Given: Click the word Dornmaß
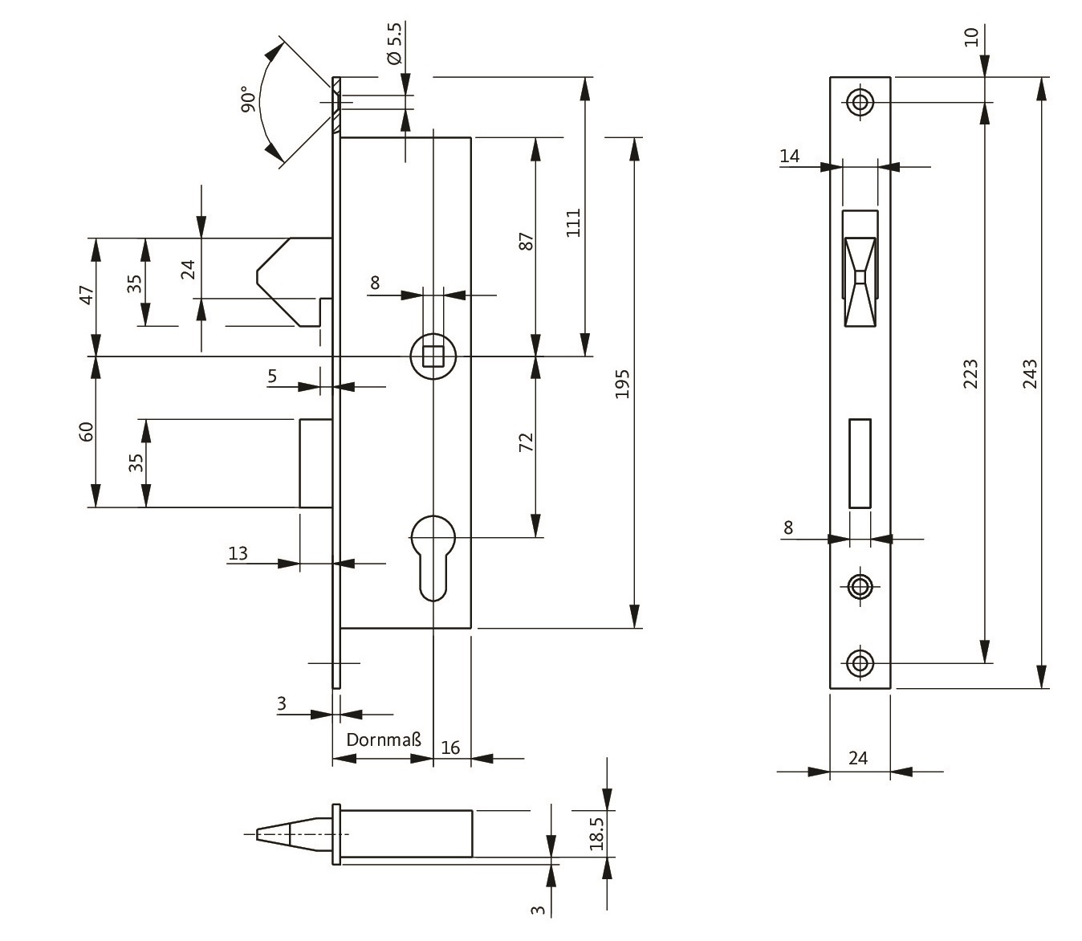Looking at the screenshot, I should [384, 739].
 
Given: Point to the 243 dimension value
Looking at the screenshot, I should [1030, 374].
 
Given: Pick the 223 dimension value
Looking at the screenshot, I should [970, 374].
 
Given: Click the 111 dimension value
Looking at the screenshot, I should [573, 223].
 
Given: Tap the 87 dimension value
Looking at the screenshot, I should [526, 242].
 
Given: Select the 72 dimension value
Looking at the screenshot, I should [526, 442].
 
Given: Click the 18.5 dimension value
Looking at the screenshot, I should [596, 830].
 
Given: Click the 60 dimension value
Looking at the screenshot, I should [87, 431].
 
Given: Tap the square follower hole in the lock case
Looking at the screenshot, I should [433, 356].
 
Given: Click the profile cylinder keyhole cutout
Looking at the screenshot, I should [433, 556].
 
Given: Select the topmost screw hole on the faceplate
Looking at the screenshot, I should [860, 102].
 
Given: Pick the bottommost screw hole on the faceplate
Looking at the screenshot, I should [860, 663].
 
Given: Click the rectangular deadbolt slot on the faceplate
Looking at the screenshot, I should [860, 463].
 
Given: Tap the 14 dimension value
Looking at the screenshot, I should [790, 156].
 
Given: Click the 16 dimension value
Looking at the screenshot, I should [450, 748].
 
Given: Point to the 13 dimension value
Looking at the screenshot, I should [238, 553].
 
